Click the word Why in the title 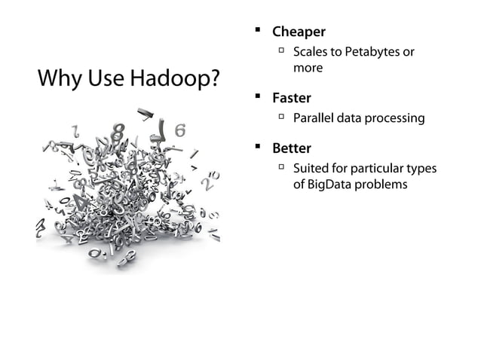point(57,78)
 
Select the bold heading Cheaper point(299,32)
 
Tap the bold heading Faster point(291,98)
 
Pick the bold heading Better point(291,148)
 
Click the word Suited point(311,168)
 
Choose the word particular point(375,168)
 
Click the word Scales point(310,52)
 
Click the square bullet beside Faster point(257,97)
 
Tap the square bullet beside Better point(257,147)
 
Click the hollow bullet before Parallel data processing point(280,117)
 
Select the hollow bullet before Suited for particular point(280,167)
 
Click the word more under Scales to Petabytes point(308,69)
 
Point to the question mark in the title point(215,78)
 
